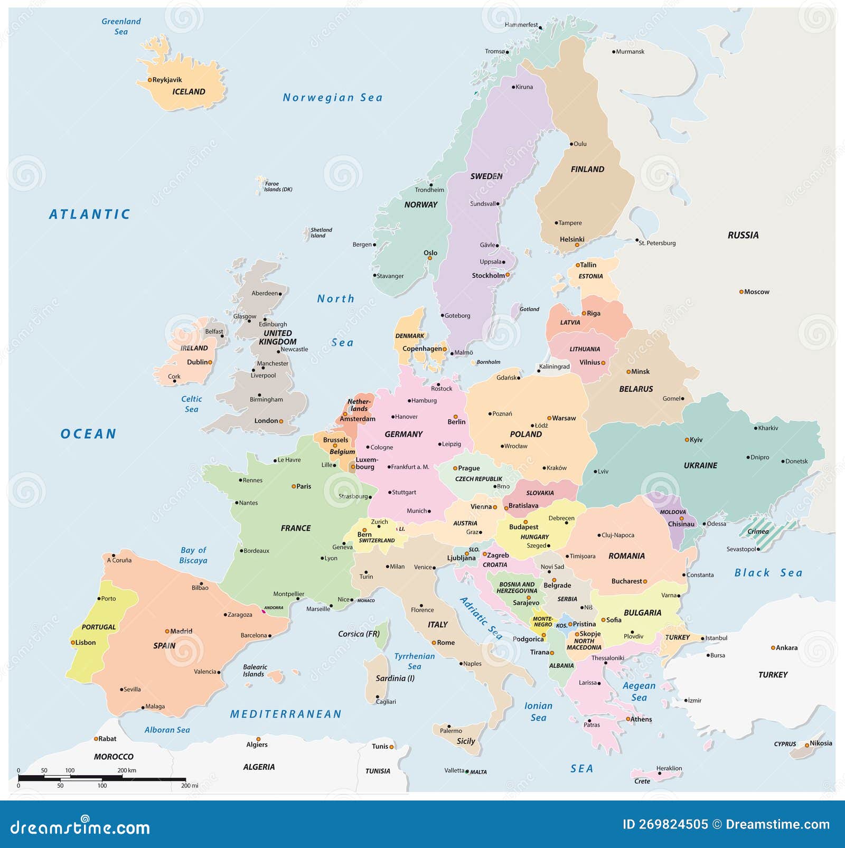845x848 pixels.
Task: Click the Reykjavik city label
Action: point(167,80)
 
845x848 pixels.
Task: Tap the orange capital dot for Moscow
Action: point(741,291)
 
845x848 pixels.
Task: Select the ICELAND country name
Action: point(189,92)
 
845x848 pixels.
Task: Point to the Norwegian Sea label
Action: point(333,98)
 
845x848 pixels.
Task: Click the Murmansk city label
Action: point(630,52)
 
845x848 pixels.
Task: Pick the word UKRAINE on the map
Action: point(700,466)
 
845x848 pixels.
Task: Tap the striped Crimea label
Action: point(758,532)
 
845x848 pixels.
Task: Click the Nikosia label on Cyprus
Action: point(821,743)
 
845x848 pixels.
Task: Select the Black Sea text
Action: point(768,573)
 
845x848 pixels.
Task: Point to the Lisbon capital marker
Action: point(73,643)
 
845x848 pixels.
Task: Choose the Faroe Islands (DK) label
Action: point(278,187)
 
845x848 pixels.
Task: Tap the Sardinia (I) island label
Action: point(395,679)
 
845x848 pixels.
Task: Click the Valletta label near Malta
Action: point(454,770)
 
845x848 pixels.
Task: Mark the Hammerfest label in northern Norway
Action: point(521,25)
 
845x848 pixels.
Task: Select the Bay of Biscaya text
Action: point(193,555)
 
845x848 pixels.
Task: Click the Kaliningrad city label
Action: point(554,366)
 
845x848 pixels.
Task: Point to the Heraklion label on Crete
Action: point(669,768)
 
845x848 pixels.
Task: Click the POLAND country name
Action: point(525,435)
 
